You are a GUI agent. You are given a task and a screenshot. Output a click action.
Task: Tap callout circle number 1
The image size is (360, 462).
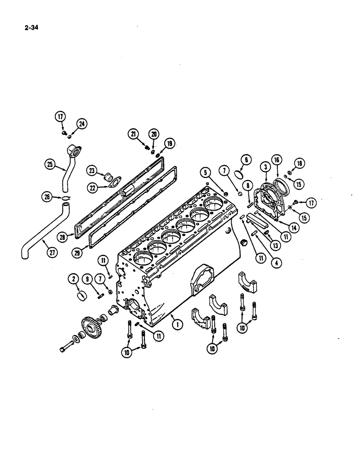177,324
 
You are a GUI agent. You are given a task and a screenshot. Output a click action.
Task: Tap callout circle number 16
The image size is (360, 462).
276,159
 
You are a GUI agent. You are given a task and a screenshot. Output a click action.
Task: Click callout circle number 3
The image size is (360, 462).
265,166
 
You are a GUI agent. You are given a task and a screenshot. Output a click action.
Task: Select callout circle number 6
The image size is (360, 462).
246,159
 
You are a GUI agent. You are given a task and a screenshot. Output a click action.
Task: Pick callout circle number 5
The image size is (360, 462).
205,173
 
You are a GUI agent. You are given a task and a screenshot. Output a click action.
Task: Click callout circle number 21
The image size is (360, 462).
133,134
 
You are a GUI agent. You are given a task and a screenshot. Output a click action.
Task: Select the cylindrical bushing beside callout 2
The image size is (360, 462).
82,295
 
